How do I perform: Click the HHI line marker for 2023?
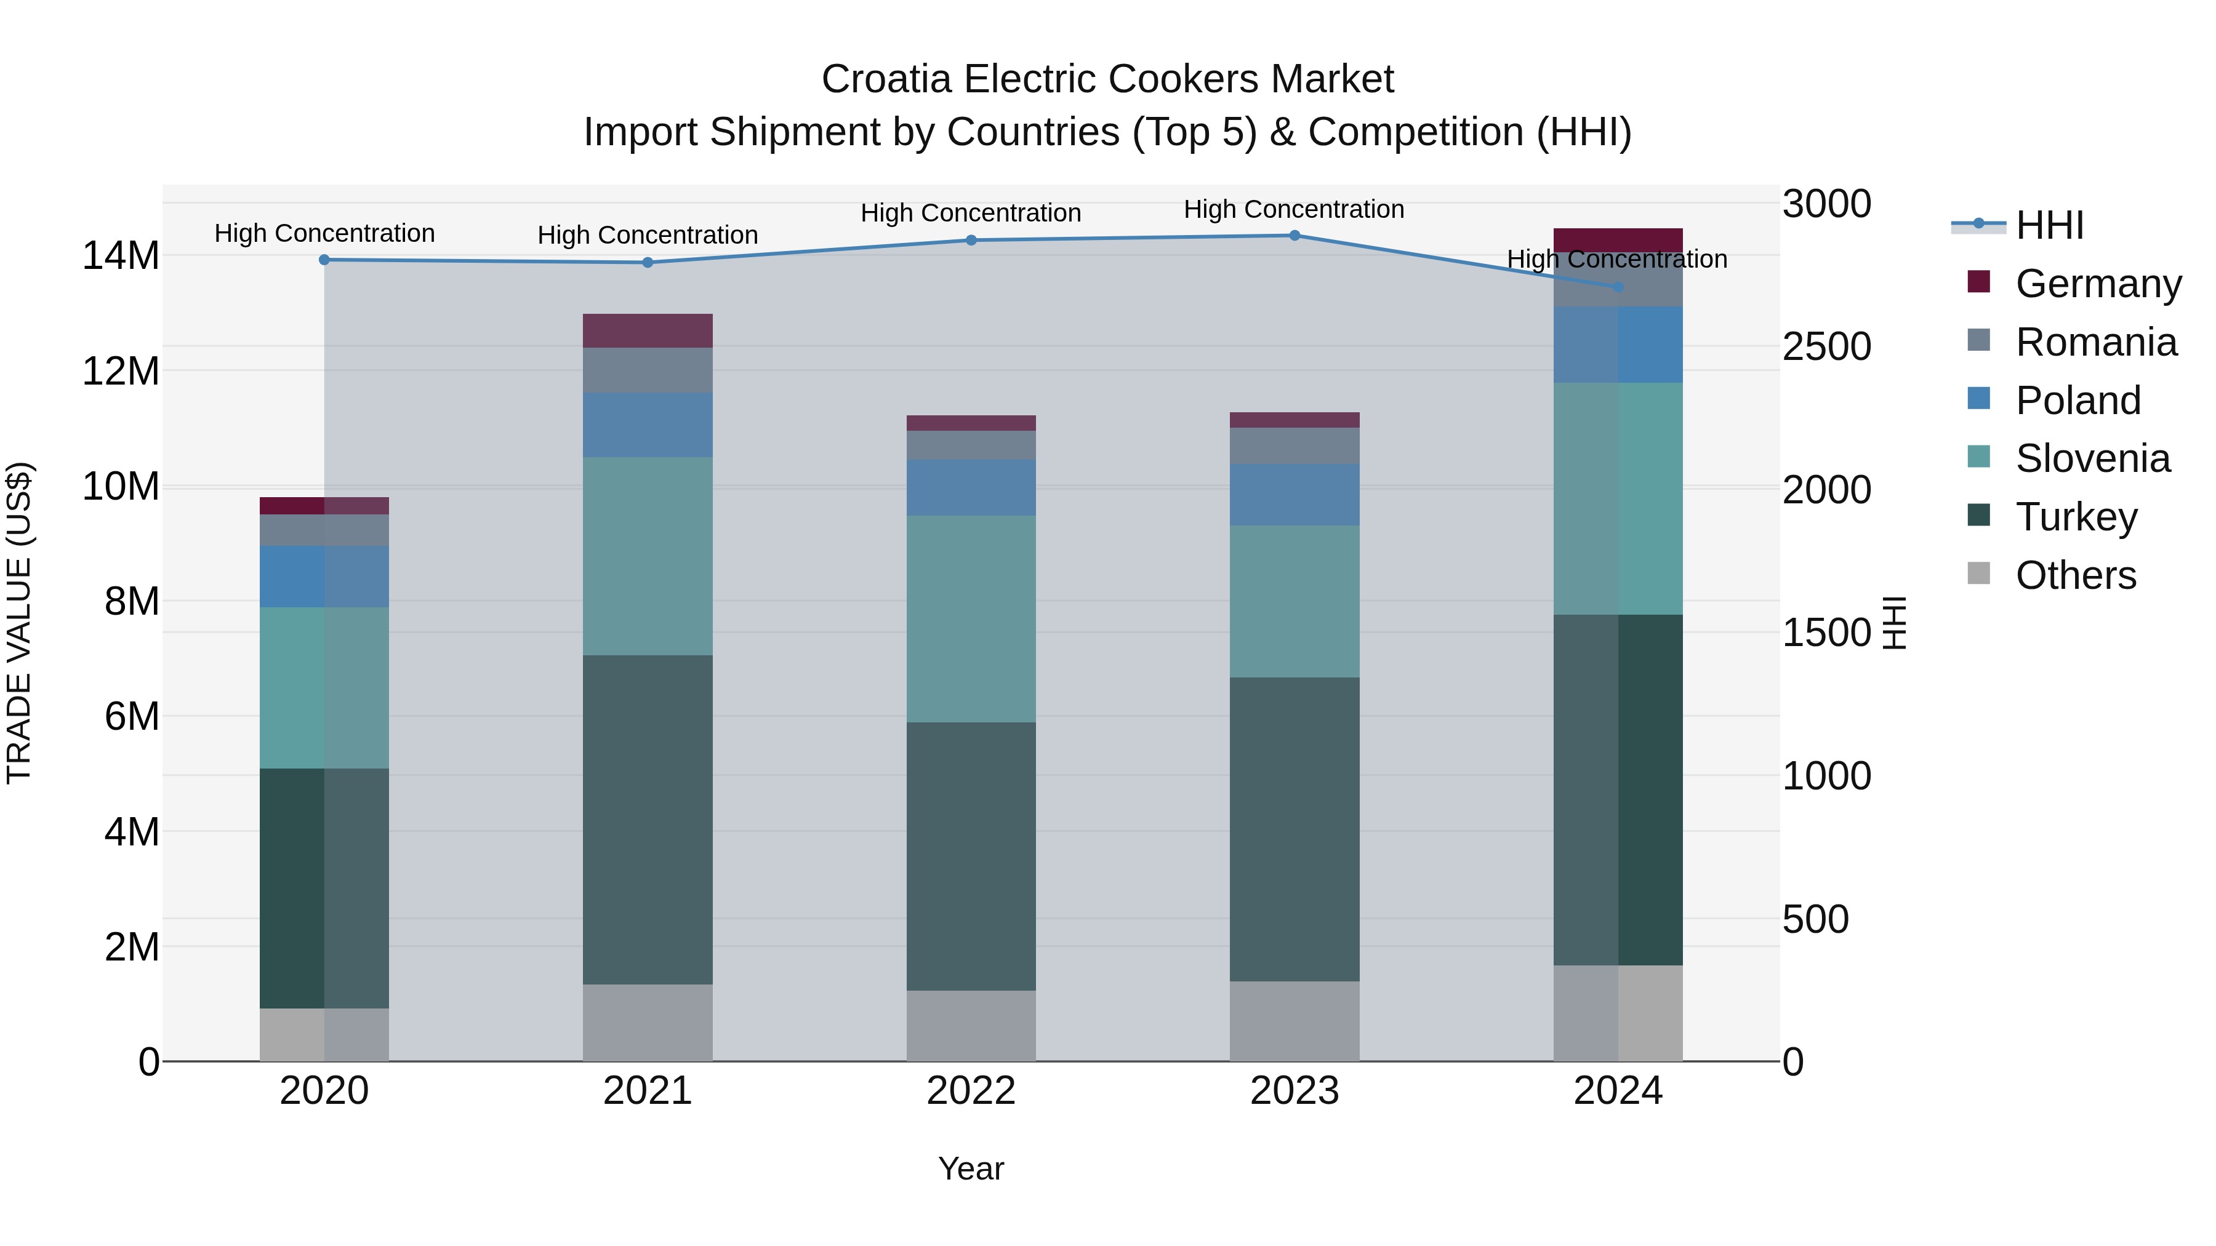(1294, 235)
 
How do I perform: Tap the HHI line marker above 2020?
(324, 260)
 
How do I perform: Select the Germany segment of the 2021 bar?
(647, 330)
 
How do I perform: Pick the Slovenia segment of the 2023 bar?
(1294, 601)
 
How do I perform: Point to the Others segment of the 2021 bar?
(647, 1023)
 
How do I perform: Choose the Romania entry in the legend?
(2095, 342)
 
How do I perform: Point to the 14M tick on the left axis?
(121, 256)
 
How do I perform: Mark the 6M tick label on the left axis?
(132, 716)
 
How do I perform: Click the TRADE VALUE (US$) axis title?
(19, 623)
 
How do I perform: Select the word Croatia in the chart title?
(886, 79)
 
